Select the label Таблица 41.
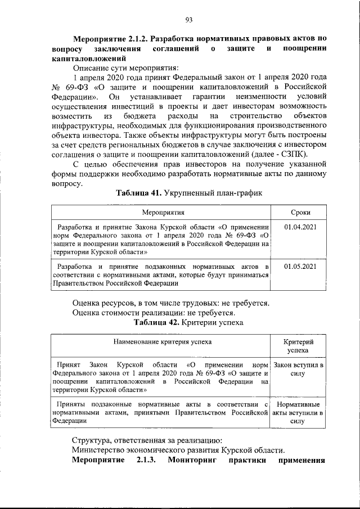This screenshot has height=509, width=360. click(x=137, y=193)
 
